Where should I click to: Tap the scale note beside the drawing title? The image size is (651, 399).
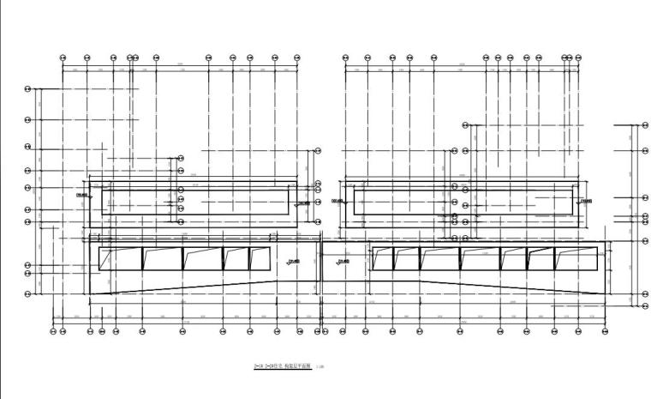320,367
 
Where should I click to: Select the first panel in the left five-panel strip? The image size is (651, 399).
120,259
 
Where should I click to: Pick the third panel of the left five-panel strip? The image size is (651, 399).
201,259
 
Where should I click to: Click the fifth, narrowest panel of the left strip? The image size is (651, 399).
260,259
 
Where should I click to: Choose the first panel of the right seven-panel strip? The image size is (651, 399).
383,259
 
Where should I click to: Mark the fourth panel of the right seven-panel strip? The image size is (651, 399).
480,259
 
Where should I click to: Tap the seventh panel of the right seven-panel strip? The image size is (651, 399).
576,259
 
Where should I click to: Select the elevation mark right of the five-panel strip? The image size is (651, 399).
296,262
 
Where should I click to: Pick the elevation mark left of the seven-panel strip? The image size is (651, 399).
344,262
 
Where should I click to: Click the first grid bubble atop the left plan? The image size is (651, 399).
63,57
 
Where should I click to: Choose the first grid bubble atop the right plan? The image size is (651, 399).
345,57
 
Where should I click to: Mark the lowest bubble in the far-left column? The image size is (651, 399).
27,294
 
